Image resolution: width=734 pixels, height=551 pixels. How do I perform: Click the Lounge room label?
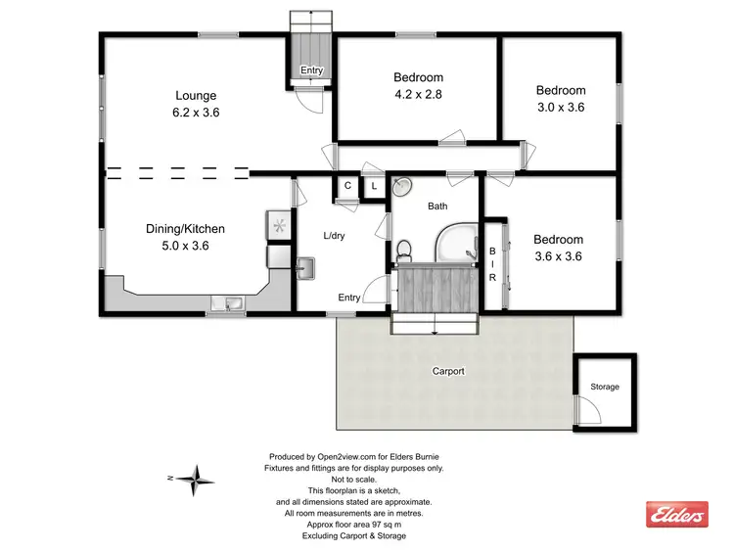pyautogui.click(x=196, y=96)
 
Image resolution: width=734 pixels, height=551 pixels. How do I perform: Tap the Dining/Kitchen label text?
pyautogui.click(x=186, y=229)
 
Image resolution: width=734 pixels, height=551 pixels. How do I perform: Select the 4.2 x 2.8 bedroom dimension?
pyautogui.click(x=418, y=94)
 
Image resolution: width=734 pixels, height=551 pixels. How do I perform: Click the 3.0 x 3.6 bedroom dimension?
pyautogui.click(x=560, y=108)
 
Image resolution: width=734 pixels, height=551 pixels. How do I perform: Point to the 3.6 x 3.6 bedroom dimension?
pyautogui.click(x=558, y=256)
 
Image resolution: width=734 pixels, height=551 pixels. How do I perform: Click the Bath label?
pyautogui.click(x=437, y=207)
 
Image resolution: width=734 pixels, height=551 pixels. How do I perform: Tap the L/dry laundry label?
pyautogui.click(x=335, y=236)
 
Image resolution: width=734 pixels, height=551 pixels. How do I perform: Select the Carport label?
pyautogui.click(x=448, y=372)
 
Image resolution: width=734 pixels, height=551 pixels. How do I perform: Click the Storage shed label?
pyautogui.click(x=604, y=387)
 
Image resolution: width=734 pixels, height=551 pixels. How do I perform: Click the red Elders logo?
pyautogui.click(x=676, y=514)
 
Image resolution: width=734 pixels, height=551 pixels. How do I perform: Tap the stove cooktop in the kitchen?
pyautogui.click(x=279, y=226)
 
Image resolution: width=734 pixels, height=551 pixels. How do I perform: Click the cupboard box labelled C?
pyautogui.click(x=347, y=186)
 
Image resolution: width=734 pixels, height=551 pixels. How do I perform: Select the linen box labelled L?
pyautogui.click(x=373, y=186)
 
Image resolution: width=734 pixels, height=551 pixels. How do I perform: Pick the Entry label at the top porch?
pyautogui.click(x=311, y=70)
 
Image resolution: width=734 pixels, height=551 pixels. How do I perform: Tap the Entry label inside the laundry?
pyautogui.click(x=349, y=298)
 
